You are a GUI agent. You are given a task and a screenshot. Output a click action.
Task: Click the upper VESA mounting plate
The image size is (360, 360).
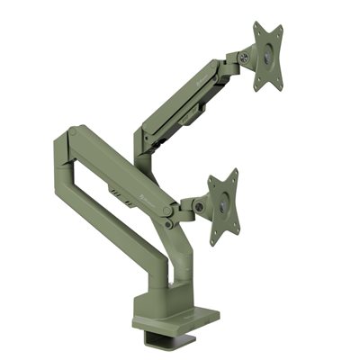point(267,57)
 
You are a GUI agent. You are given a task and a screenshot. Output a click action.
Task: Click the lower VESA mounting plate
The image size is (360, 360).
point(223,206)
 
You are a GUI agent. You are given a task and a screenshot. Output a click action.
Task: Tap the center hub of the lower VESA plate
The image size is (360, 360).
point(224,207)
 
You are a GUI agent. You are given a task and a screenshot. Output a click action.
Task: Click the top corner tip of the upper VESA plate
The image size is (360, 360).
point(256,25)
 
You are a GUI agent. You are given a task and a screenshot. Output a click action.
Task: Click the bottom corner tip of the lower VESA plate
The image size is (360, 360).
point(215,243)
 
